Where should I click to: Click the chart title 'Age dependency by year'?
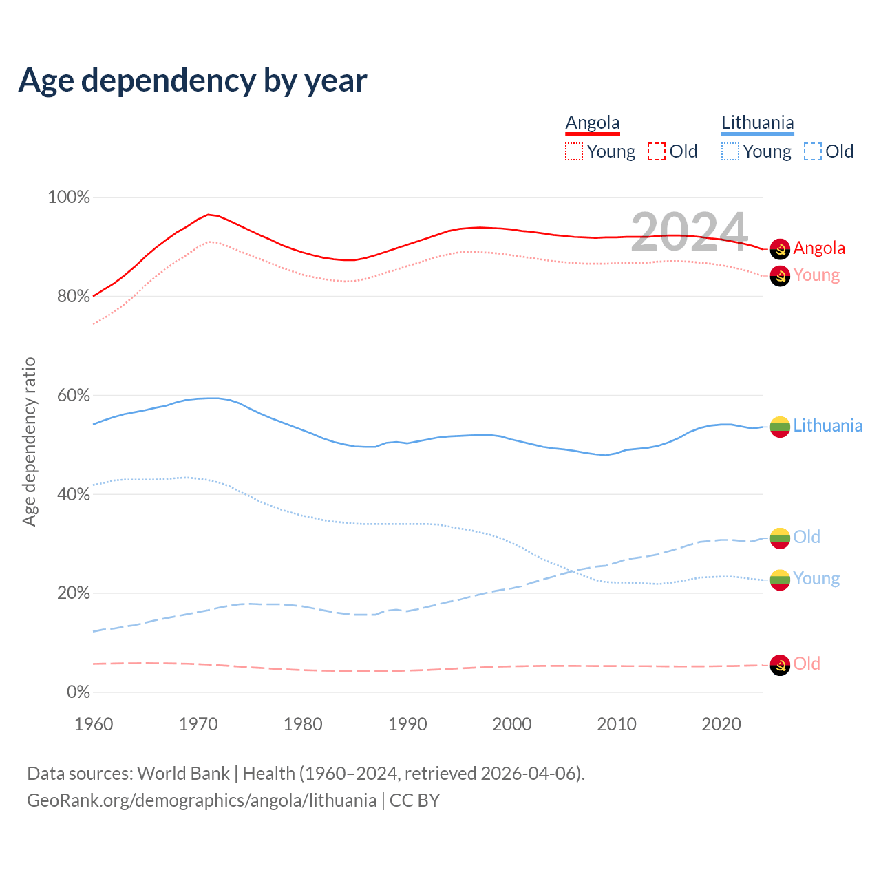pos(193,81)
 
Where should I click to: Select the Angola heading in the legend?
pos(593,123)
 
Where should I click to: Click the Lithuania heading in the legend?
pos(757,123)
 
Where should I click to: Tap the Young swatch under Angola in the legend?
pos(574,151)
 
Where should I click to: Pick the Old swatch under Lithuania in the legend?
pos(812,151)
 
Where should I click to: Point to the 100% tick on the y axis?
pos(69,198)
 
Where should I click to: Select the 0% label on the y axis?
pos(78,692)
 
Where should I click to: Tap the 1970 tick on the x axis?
pos(198,724)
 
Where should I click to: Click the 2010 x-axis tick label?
pos(617,724)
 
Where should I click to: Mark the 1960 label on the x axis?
pos(94,724)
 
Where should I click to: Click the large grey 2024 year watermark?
pos(689,232)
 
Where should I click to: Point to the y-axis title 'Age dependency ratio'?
pos(29,441)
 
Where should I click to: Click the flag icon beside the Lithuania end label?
pos(780,427)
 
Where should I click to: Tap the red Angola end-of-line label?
pos(819,248)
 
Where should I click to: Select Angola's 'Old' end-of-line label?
pos(807,664)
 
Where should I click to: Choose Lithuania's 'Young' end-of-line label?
pos(816,579)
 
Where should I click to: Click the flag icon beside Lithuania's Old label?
pos(780,538)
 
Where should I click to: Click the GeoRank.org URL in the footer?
pos(202,800)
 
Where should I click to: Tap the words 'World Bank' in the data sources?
pos(184,774)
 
